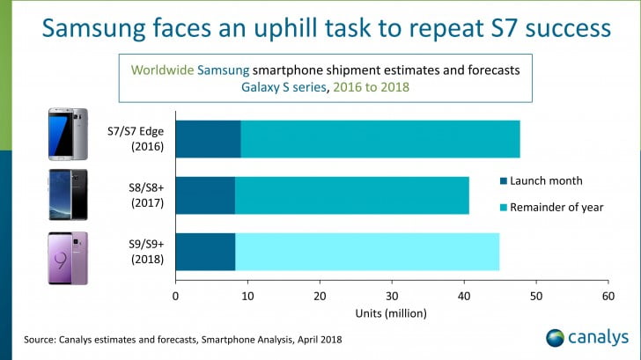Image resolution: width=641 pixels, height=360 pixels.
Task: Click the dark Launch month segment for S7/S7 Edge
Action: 208,139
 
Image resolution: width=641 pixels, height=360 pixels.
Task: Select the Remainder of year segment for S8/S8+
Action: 352,195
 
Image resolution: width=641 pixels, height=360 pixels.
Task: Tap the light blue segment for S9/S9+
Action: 367,252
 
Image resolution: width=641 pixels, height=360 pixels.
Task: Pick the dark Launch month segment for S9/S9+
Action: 205,252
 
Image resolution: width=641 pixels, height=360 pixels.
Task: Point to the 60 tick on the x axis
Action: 607,296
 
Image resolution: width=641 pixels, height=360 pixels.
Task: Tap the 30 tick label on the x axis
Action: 392,296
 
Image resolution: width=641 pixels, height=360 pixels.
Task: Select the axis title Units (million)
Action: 392,313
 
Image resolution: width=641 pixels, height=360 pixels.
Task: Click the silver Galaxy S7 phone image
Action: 68,134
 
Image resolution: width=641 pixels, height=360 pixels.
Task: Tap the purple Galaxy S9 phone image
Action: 68,257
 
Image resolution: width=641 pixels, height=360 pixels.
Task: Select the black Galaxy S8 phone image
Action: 68,195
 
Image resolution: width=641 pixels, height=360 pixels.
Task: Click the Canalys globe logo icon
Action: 556,338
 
